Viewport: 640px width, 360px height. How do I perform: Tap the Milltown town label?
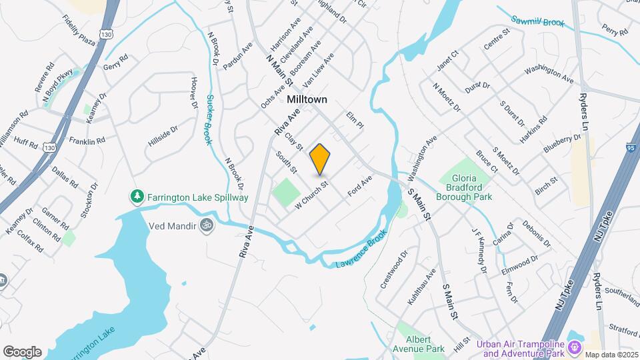311,99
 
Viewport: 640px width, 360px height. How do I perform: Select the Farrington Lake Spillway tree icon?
137,197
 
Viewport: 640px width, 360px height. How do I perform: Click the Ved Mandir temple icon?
207,226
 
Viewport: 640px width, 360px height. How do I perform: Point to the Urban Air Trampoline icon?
572,347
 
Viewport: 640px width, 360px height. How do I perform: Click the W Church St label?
312,193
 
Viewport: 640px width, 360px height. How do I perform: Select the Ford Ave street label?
359,187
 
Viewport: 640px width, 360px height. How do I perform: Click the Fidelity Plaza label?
79,31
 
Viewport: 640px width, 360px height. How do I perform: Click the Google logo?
22,351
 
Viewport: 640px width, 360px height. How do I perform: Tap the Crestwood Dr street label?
393,270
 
